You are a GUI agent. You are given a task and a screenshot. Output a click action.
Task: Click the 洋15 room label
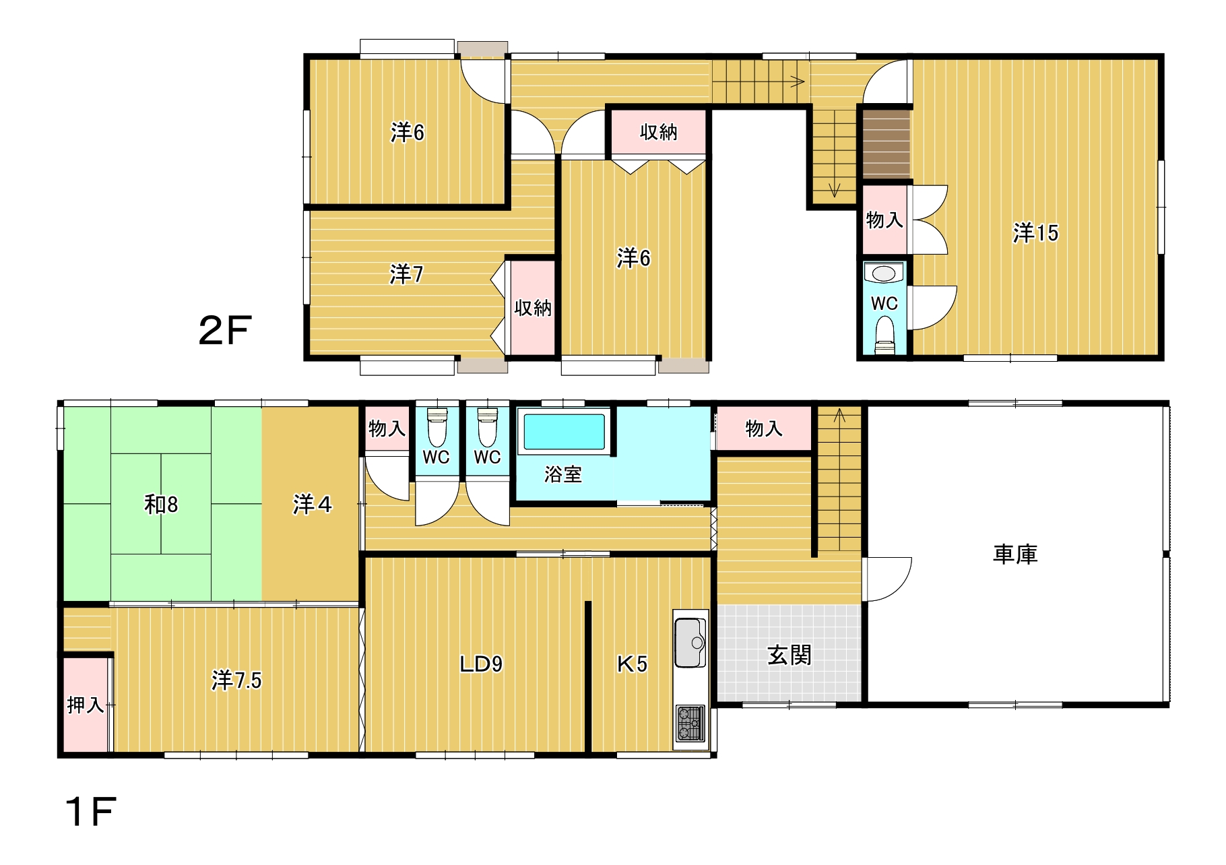click(1035, 233)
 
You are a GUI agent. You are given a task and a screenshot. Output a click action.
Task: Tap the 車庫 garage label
click(1015, 554)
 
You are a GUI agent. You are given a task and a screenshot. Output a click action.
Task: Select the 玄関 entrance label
click(789, 655)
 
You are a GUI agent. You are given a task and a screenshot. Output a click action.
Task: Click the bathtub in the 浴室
click(564, 431)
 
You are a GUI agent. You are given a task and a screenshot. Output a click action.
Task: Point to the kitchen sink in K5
click(690, 641)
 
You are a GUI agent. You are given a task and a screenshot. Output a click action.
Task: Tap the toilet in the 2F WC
click(884, 335)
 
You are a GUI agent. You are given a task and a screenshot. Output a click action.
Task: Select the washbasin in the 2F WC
click(884, 274)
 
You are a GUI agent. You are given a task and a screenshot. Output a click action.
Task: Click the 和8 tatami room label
click(161, 504)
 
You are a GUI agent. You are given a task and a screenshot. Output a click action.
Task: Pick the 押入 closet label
click(86, 705)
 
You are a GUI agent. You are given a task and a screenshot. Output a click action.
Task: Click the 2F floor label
click(225, 330)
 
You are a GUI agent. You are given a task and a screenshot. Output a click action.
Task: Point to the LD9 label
click(481, 664)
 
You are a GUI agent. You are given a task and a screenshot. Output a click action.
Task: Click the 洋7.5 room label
click(236, 680)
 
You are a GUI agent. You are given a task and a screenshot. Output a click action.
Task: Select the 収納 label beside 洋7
click(533, 308)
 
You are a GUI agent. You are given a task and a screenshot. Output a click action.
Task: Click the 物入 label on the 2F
click(884, 220)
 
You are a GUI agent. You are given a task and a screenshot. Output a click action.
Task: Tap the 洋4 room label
click(312, 504)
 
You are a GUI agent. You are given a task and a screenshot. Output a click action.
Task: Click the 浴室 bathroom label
click(562, 474)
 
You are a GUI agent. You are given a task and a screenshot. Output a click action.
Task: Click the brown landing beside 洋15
click(886, 144)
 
